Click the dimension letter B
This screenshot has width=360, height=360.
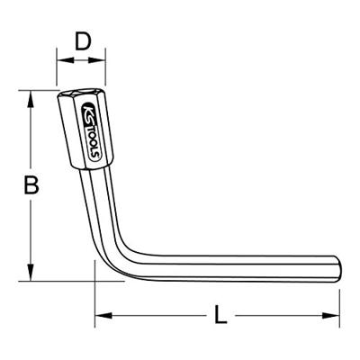(x=31, y=186)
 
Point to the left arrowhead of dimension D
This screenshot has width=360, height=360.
(x=61, y=60)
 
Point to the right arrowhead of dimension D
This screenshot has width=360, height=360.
(x=99, y=60)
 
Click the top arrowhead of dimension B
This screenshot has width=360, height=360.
(x=33, y=94)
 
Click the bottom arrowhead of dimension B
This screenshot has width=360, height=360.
(x=33, y=275)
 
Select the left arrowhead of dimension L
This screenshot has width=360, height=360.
(x=100, y=315)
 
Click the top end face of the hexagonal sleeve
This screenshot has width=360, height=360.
(x=78, y=94)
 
